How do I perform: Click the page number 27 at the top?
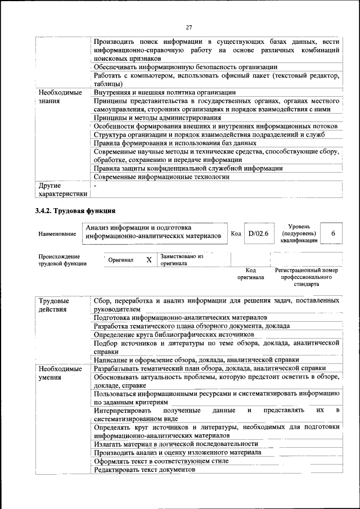189,26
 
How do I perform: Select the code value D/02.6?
259,233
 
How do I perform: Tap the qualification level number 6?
334,233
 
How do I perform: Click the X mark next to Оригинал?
149,260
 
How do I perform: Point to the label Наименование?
57,233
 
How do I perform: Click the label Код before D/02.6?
236,233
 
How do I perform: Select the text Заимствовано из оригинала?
181,259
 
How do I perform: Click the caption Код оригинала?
250,273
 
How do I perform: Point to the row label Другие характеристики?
62,190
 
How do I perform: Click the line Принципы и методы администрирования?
157,118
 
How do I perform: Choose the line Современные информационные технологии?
161,177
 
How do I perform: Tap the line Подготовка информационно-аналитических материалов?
180,317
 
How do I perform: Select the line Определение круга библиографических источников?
174,334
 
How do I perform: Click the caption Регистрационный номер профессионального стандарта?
307,277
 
